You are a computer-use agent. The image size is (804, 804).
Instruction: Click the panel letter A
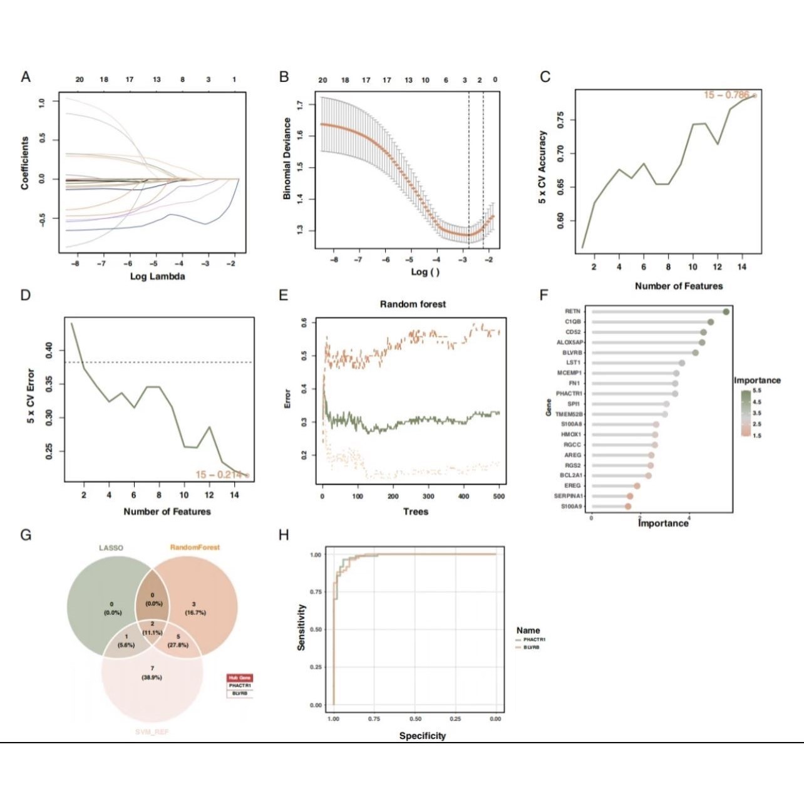point(26,77)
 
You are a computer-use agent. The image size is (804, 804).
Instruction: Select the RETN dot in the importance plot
point(726,311)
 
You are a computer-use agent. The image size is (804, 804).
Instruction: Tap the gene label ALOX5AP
point(570,343)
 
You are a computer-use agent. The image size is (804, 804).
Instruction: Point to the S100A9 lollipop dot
point(628,506)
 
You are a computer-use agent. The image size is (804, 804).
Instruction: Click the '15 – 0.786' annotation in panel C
point(726,95)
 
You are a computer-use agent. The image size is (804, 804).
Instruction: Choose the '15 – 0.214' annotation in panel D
point(219,475)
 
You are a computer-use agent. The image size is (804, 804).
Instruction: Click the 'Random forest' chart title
point(413,304)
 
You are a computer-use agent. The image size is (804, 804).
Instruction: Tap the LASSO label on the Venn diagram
point(111,548)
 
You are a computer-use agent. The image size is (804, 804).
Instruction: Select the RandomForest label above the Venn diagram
point(195,547)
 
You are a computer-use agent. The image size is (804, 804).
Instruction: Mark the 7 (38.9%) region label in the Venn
point(152,673)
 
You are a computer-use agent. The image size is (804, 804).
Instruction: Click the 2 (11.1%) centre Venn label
point(152,628)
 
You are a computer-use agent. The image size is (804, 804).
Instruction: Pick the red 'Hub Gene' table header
point(240,678)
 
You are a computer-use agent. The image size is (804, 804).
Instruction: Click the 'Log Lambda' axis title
point(157,276)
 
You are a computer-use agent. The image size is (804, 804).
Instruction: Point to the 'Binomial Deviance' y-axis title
point(287,158)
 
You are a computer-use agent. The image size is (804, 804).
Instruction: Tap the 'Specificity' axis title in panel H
point(422,736)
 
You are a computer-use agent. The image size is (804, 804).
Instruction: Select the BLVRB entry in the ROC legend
point(531,647)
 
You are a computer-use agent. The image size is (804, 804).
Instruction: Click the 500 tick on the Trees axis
point(499,497)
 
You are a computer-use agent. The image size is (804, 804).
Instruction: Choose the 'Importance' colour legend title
point(757,380)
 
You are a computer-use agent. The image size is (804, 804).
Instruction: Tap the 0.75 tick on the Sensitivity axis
point(316,592)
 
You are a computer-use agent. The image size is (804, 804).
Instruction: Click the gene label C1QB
point(572,322)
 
